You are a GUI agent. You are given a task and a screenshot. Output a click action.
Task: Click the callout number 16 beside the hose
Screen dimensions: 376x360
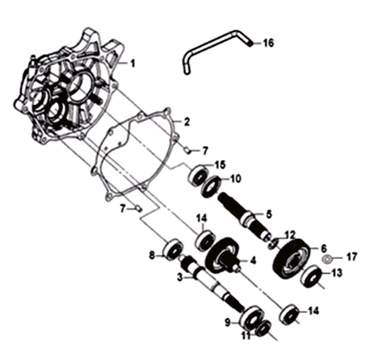point(268,43)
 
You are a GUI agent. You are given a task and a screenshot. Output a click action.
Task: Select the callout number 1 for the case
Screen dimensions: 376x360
point(132,63)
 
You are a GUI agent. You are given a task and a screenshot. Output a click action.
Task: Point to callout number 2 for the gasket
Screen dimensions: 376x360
point(186,121)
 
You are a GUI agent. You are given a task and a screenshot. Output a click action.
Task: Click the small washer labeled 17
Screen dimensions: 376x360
point(327,259)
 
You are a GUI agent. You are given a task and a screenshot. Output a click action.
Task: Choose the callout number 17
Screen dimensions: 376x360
point(352,257)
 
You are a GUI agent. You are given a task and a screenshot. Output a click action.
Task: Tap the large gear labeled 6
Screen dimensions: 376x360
point(291,258)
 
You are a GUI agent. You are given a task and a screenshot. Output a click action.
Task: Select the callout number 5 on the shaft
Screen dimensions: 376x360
point(269,214)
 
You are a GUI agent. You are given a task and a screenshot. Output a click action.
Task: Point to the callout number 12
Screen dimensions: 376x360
point(290,235)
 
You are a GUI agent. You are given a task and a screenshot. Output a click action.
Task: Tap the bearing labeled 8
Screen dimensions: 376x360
point(173,249)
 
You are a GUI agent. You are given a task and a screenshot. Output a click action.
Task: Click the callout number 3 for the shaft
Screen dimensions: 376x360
point(180,278)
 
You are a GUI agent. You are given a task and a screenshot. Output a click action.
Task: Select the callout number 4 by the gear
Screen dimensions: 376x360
point(253,260)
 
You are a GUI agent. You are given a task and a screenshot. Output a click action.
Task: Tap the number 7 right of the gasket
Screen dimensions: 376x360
point(205,151)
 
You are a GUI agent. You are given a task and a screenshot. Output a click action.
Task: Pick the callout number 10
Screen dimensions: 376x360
point(235,179)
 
